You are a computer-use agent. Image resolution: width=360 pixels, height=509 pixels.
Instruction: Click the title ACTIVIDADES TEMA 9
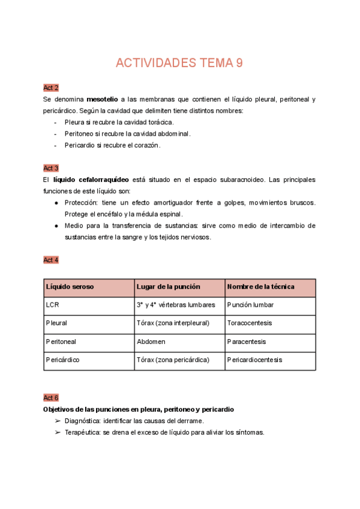click(x=179, y=64)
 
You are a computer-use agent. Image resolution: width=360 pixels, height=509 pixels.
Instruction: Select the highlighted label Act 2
click(x=51, y=88)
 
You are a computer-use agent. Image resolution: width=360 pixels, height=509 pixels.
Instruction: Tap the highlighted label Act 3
click(x=51, y=168)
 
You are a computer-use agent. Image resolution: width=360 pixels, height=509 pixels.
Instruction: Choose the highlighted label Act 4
click(x=51, y=260)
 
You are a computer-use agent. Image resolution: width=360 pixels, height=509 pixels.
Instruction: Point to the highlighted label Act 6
click(x=51, y=398)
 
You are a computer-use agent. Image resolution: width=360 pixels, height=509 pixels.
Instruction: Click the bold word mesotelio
click(x=101, y=99)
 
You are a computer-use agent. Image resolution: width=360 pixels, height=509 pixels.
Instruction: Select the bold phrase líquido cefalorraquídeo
click(x=90, y=179)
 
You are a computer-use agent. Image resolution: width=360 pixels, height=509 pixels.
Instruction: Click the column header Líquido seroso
click(x=70, y=287)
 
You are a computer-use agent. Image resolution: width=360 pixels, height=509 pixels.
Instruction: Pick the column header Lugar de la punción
click(x=168, y=287)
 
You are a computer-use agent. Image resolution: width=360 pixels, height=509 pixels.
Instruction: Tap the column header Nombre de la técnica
click(x=260, y=287)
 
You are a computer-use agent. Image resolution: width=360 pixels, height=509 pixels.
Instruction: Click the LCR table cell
click(x=53, y=305)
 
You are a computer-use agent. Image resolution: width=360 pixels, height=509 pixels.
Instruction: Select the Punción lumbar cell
click(x=250, y=305)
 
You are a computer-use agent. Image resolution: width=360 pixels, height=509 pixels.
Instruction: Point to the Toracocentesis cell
click(x=250, y=324)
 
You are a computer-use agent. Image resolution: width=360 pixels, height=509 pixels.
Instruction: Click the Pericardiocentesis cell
click(x=254, y=360)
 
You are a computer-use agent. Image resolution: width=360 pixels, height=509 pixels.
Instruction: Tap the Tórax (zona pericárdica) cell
click(x=173, y=360)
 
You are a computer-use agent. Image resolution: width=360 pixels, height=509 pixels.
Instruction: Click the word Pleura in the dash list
click(x=74, y=122)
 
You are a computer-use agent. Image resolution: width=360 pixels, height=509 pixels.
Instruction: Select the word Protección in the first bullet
click(x=81, y=203)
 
